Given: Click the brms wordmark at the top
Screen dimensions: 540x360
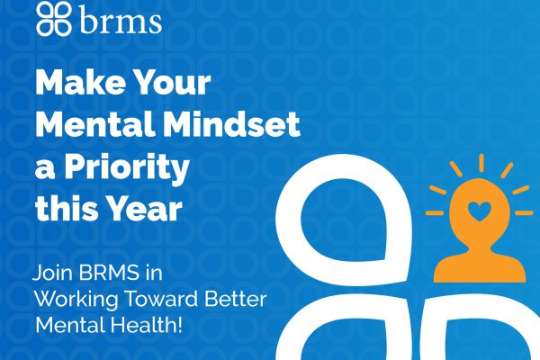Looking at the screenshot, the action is coord(121,21).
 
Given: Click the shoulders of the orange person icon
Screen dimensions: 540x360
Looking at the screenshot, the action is coord(480,268).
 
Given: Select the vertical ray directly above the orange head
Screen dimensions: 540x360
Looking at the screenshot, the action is coord(481,163).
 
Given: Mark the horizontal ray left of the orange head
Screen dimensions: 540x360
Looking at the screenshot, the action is coord(435,213).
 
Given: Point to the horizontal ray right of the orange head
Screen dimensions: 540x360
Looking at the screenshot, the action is coord(524,213).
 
